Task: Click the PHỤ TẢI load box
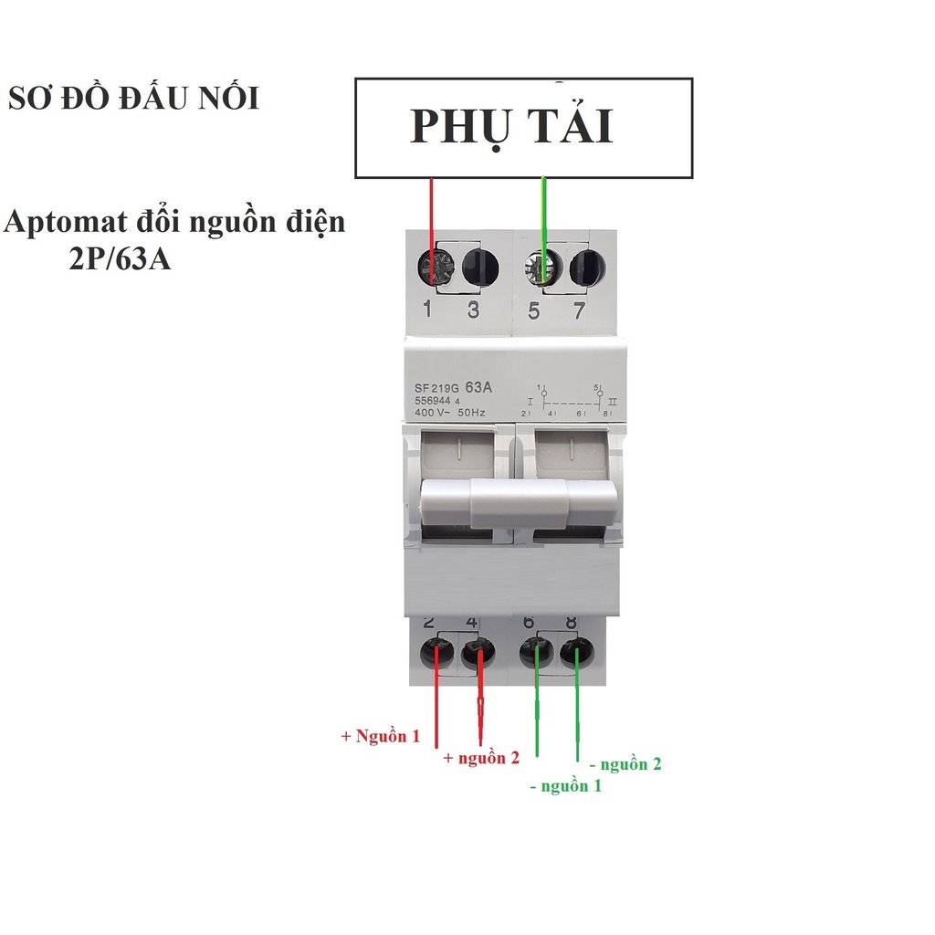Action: point(523,128)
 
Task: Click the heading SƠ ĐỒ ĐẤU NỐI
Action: point(133,99)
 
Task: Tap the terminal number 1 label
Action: point(427,310)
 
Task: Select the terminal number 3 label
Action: point(473,310)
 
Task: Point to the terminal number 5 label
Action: point(534,310)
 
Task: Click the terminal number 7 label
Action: point(579,310)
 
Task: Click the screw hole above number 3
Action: point(480,267)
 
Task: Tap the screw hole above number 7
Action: point(587,267)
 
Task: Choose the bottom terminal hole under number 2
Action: point(436,654)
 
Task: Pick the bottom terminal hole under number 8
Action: point(577,654)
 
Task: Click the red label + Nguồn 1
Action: point(381,736)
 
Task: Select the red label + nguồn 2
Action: point(481,758)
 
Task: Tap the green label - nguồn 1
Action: point(566,785)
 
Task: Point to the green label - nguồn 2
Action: point(625,764)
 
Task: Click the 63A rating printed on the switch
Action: point(478,387)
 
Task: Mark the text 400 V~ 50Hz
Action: point(449,413)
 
